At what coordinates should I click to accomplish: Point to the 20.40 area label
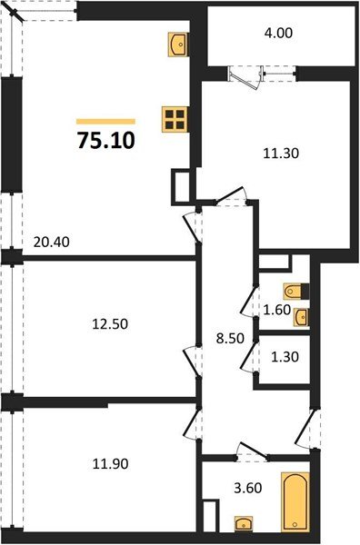tap(49, 243)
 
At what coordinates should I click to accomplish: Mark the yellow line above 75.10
tap(105, 121)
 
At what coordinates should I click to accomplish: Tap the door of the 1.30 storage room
tap(247, 355)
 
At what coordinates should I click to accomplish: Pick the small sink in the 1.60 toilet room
tap(301, 316)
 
